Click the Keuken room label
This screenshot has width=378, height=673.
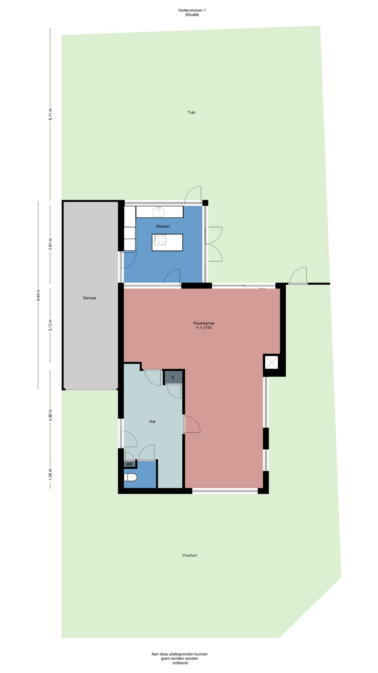click(x=163, y=226)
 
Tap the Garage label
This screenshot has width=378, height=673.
click(x=89, y=298)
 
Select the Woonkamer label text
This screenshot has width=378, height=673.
click(x=204, y=323)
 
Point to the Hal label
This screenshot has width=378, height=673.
click(x=152, y=422)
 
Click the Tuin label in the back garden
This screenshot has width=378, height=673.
click(x=191, y=113)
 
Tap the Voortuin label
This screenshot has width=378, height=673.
click(x=190, y=555)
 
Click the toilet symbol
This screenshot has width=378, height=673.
click(x=131, y=477)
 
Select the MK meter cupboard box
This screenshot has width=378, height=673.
click(x=129, y=464)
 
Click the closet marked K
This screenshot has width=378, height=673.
click(x=173, y=378)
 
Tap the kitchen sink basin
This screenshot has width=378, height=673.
click(x=159, y=212)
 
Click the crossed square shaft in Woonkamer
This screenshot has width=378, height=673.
click(x=271, y=362)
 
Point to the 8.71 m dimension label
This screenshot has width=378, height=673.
click(x=50, y=114)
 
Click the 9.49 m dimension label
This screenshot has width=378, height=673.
click(x=38, y=295)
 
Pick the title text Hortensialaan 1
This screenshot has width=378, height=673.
click(x=192, y=10)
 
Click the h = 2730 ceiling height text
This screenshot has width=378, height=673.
click(x=204, y=328)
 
